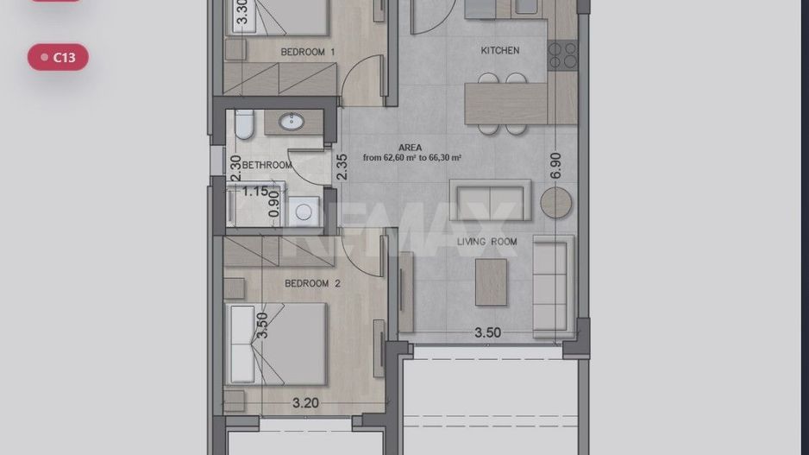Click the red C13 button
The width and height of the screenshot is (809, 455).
point(58,57)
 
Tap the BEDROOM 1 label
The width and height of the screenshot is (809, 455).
point(308,52)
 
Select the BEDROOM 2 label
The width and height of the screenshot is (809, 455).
point(312,283)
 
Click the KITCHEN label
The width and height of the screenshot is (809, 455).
point(500,50)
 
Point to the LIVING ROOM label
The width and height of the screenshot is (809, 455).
point(486,241)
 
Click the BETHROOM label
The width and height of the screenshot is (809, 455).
point(267,165)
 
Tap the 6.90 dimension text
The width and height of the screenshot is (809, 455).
point(555,166)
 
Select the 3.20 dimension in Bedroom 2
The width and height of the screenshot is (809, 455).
point(305,402)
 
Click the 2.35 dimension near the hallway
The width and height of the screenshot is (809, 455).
point(342,167)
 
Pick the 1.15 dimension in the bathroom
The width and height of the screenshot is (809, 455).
point(255,192)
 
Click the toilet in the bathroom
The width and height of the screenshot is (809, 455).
point(245,124)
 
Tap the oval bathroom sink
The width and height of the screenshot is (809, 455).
point(292,122)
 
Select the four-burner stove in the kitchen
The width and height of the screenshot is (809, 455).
point(562,56)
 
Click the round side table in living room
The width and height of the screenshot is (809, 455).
point(555,202)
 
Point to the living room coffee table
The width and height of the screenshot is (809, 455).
point(491,282)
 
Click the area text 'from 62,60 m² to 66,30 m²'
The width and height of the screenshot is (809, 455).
point(411,157)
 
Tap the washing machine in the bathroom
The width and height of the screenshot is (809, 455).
point(304,212)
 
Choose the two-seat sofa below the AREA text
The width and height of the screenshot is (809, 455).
point(490,200)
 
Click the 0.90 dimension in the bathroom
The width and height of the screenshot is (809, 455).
point(274,205)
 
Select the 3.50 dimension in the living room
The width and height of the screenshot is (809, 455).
point(487,332)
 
